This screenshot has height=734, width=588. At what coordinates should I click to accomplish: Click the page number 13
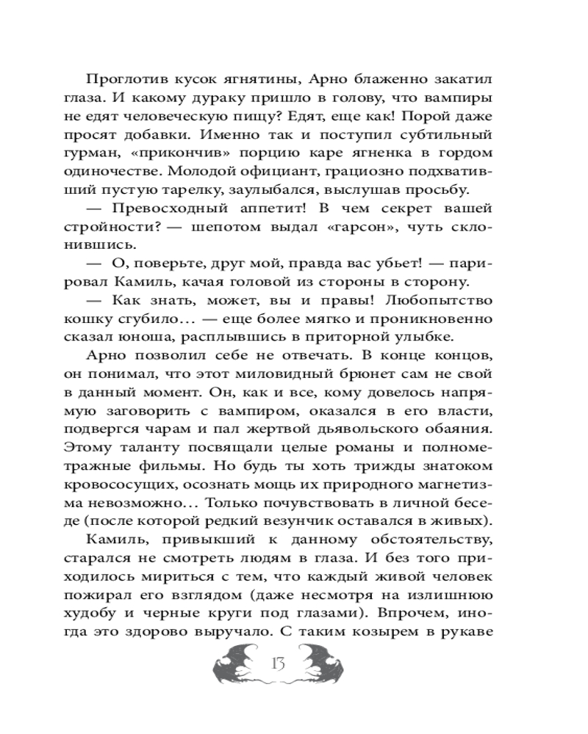point(277,666)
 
